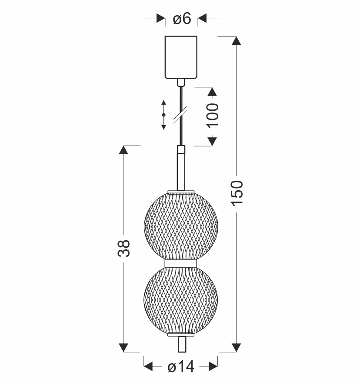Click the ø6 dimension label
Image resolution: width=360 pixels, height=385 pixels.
pyautogui.click(x=182, y=19)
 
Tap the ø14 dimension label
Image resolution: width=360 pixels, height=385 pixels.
pyautogui.click(x=181, y=367)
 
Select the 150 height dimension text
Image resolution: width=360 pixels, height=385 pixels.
pyautogui.click(x=237, y=193)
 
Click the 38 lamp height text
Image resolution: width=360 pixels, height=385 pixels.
pyautogui.click(x=123, y=248)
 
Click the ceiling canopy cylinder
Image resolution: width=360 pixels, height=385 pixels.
pyautogui.click(x=181, y=57)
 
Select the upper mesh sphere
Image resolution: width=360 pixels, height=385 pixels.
pyautogui.click(x=181, y=226)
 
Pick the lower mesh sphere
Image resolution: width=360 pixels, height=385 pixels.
pyautogui.click(x=181, y=301)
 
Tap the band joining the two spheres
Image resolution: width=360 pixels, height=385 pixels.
pyautogui.click(x=181, y=263)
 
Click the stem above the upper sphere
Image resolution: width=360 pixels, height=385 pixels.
pyautogui.click(x=181, y=168)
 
